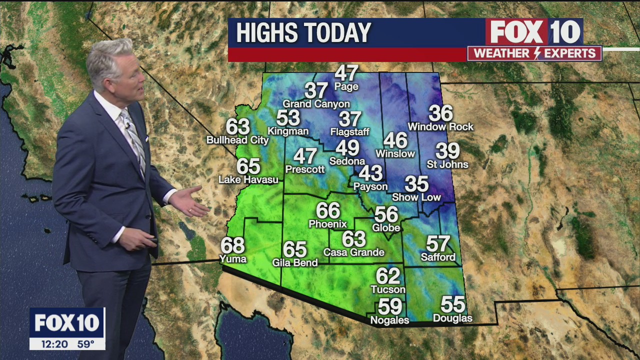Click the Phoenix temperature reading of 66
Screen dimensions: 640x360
[328, 210]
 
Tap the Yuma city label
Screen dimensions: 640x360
[233, 258]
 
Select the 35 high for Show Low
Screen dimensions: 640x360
[416, 184]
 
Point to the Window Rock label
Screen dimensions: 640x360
[440, 127]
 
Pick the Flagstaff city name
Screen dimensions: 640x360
[349, 132]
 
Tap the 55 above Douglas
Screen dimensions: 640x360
[452, 304]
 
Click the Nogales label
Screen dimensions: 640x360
[389, 320]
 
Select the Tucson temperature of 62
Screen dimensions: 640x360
[388, 275]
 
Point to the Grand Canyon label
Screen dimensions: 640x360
[316, 104]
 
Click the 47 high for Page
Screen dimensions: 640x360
[346, 73]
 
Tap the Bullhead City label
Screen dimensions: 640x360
[237, 140]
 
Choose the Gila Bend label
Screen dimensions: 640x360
[295, 262]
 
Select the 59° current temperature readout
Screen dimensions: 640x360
[85, 344]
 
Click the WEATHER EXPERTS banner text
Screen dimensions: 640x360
[534, 53]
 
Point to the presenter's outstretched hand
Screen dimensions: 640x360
[190, 201]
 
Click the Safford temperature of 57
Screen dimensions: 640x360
[438, 243]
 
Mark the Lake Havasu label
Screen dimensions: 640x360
[248, 179]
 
